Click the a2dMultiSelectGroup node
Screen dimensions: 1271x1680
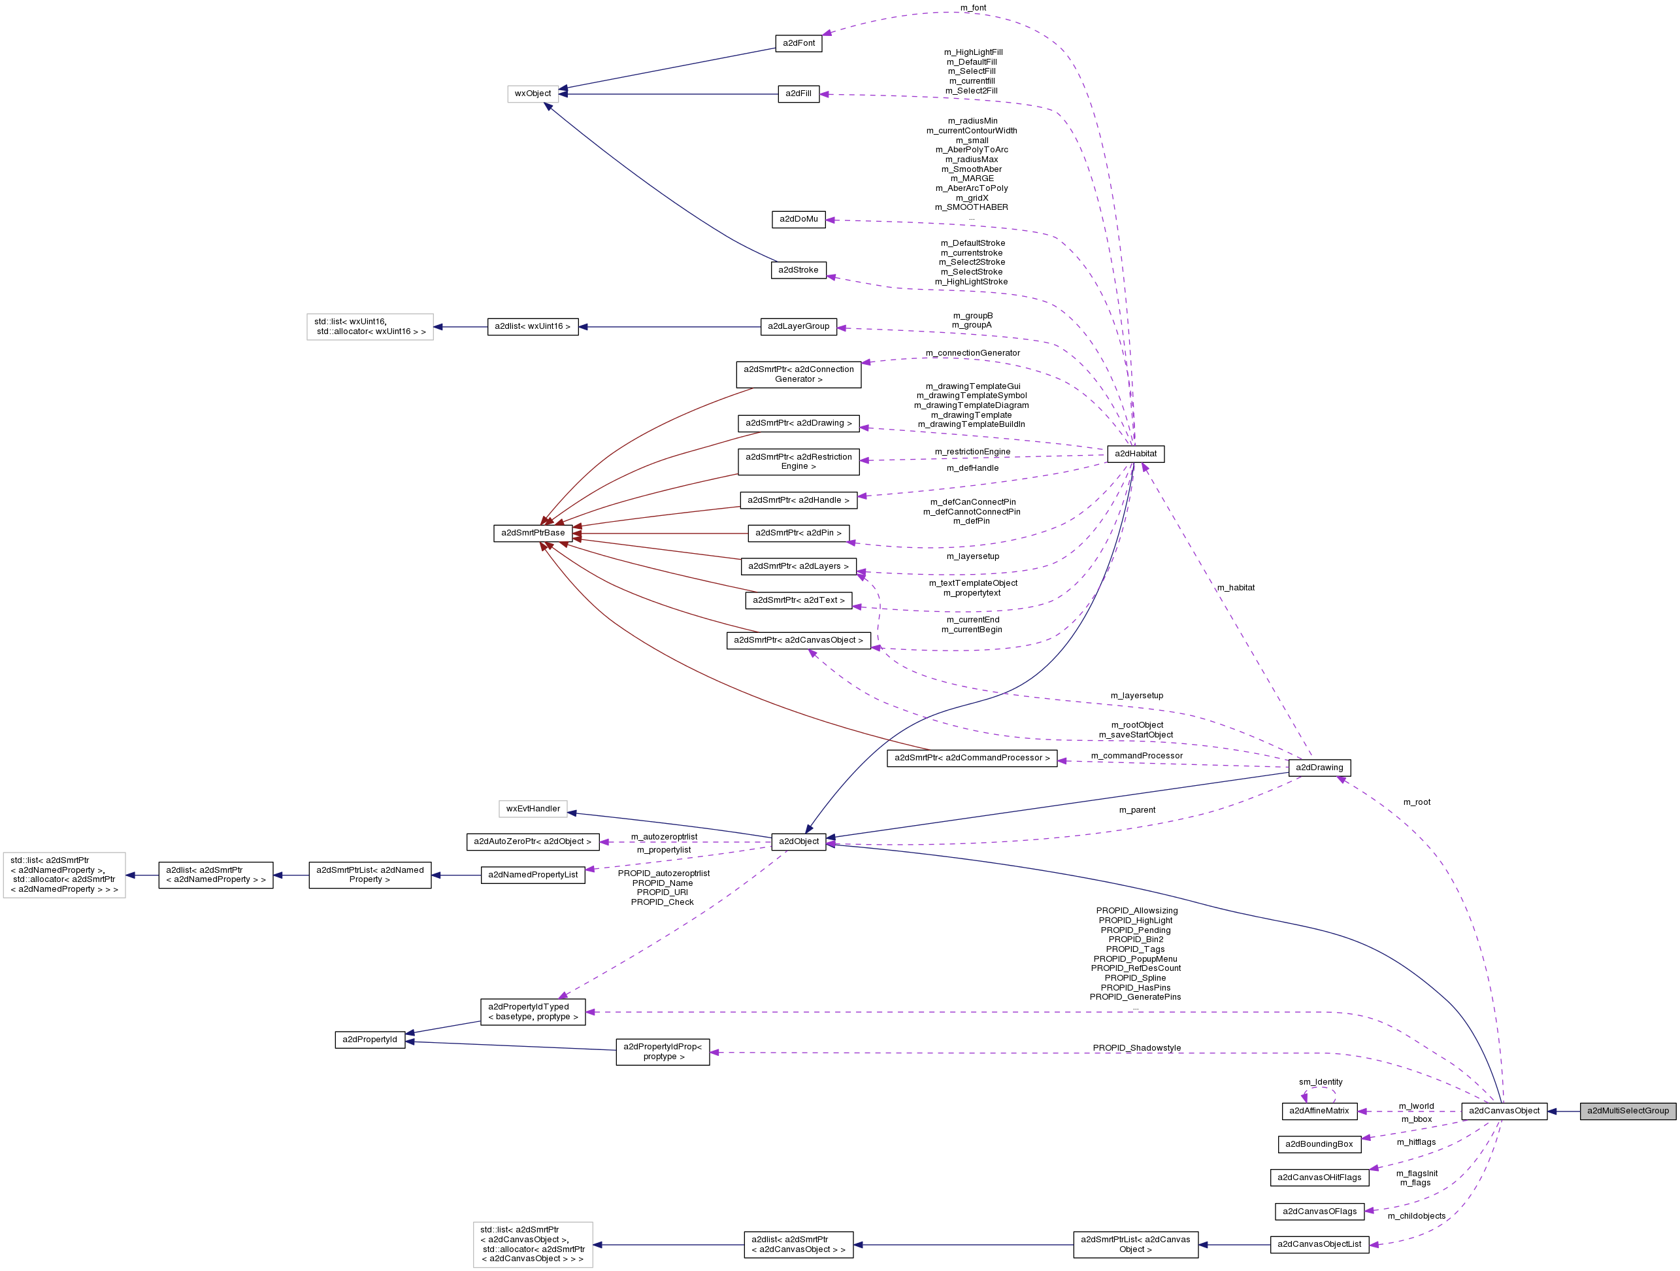pyautogui.click(x=1628, y=1111)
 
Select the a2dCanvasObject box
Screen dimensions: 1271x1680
pyautogui.click(x=1504, y=1111)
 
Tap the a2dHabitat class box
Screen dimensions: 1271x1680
pyautogui.click(x=1136, y=454)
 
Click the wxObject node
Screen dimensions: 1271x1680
pyautogui.click(x=533, y=93)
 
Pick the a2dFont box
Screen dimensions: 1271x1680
pyautogui.click(x=799, y=43)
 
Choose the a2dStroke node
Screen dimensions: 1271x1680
pyautogui.click(x=799, y=270)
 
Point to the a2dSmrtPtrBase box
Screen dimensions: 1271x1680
pyautogui.click(x=533, y=533)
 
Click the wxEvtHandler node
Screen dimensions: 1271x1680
pyautogui.click(x=533, y=808)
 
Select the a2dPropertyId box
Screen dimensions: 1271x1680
pyautogui.click(x=369, y=1040)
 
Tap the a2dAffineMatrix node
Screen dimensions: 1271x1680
pyautogui.click(x=1319, y=1111)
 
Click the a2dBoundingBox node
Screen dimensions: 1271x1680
pyautogui.click(x=1319, y=1144)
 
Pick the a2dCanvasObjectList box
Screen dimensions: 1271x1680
pyautogui.click(x=1319, y=1244)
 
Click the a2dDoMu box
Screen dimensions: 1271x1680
pyautogui.click(x=799, y=219)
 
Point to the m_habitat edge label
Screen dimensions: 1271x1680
pyautogui.click(x=1235, y=587)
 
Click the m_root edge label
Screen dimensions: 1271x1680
pyautogui.click(x=1417, y=802)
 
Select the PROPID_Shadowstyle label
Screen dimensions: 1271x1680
pyautogui.click(x=1136, y=1047)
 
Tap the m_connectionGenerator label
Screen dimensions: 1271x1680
pyautogui.click(x=972, y=352)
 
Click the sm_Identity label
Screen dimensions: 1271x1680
pyautogui.click(x=1320, y=1082)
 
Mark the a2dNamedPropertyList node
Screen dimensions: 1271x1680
pyautogui.click(x=533, y=874)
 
